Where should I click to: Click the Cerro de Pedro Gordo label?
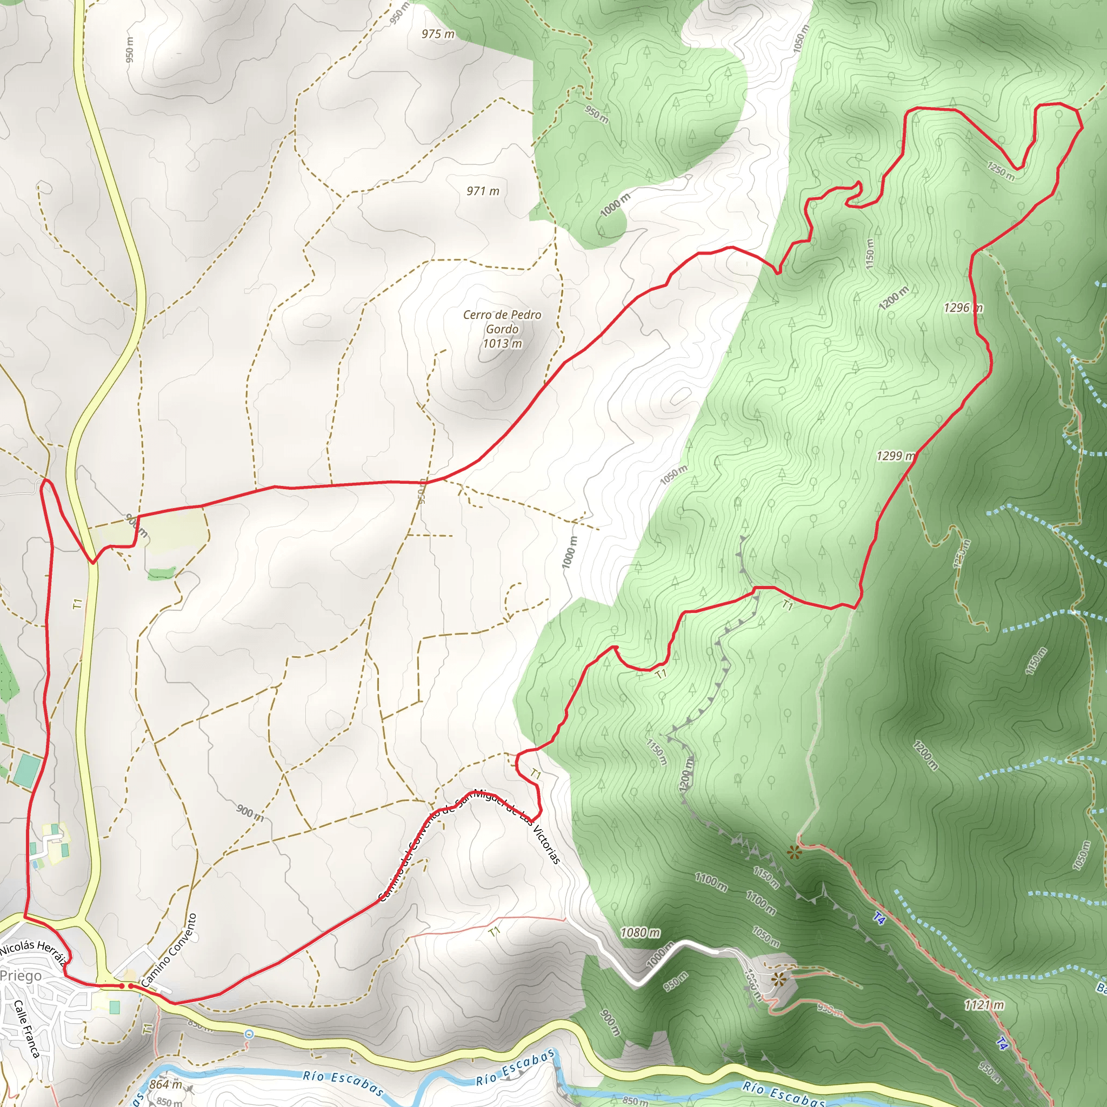(502, 322)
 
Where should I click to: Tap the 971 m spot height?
(483, 191)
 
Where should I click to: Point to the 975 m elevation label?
(438, 34)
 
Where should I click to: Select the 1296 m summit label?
(963, 308)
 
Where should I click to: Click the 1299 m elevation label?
(896, 456)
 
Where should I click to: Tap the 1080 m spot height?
(640, 933)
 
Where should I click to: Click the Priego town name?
(21, 975)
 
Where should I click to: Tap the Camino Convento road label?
(169, 949)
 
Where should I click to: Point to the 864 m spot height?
(165, 1084)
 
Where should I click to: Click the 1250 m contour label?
(1000, 170)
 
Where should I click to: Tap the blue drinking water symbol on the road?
(248, 1033)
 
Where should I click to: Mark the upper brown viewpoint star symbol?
(793, 852)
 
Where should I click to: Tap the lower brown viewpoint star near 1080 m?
(777, 979)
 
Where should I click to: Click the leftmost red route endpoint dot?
(122, 985)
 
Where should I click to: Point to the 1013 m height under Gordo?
(502, 343)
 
